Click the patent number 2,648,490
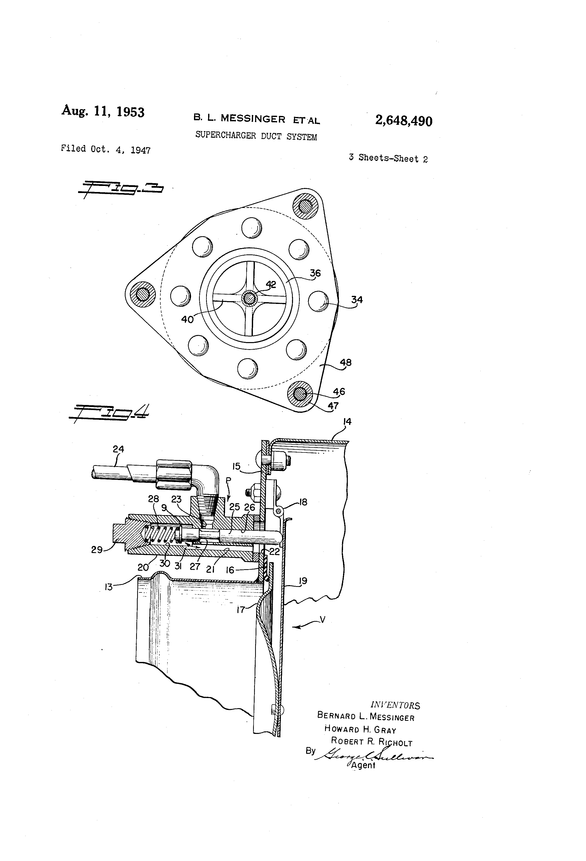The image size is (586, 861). click(403, 121)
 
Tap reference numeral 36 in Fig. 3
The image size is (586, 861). click(315, 273)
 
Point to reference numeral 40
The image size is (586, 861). click(187, 319)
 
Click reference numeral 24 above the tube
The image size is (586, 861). click(118, 449)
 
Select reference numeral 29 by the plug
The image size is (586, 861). click(97, 550)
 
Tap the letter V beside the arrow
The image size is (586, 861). click(322, 619)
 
